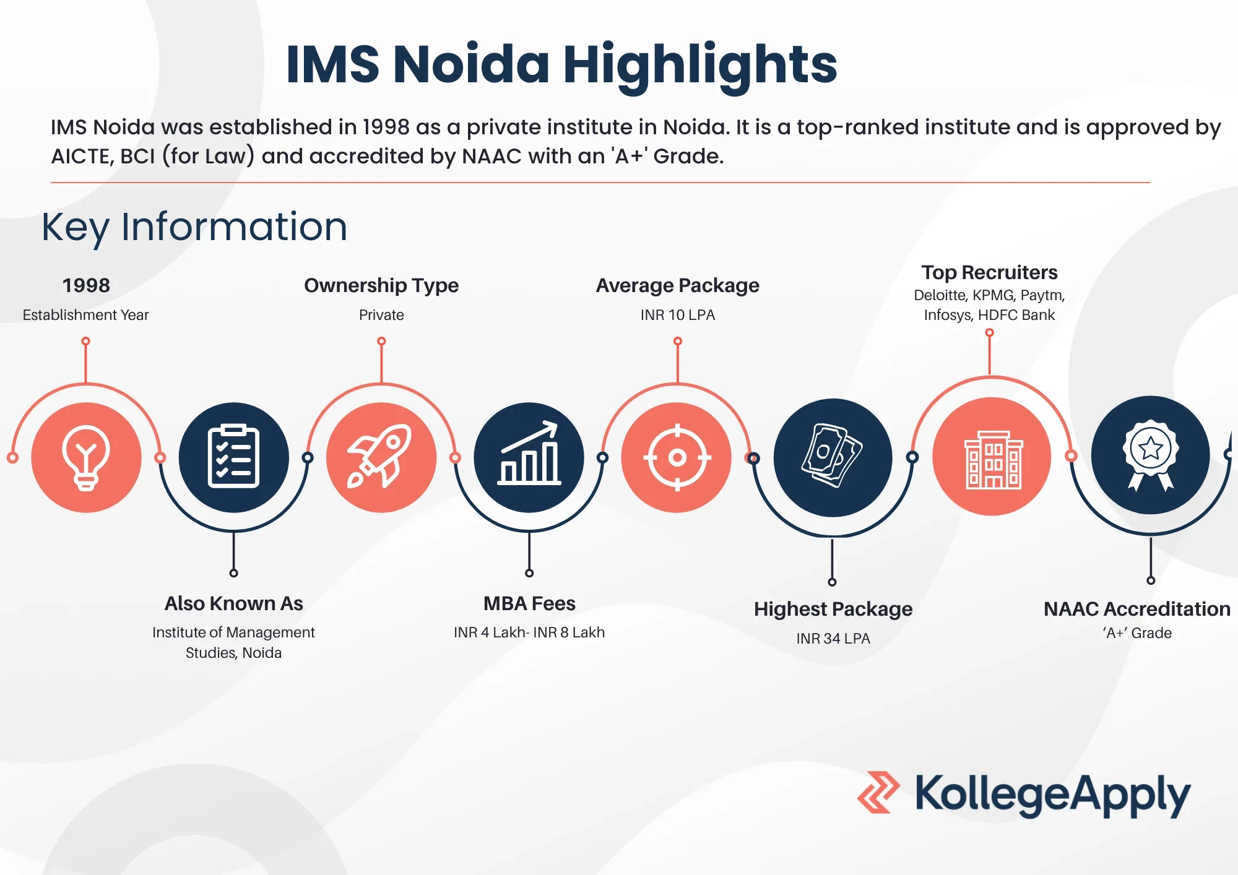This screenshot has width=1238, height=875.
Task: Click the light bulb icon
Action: point(86,458)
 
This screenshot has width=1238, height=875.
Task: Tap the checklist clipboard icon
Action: point(233,457)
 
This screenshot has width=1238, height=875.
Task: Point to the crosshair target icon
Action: point(677,457)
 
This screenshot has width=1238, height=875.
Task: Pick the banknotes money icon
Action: point(833,456)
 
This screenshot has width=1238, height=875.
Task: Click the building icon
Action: point(993,460)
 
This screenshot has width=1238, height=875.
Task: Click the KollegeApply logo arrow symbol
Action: point(878,792)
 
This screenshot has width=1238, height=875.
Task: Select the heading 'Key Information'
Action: point(194,227)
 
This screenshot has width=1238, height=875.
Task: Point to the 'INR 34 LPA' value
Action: point(833,638)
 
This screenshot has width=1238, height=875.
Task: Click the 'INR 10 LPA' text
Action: point(678,315)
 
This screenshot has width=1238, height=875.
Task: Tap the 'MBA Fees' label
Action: point(529,603)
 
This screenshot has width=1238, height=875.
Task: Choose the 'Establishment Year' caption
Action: point(85,315)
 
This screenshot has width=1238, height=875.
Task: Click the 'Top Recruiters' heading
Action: point(989,272)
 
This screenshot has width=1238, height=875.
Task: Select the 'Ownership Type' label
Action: point(381,286)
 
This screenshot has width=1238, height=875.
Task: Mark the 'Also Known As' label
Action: point(233,603)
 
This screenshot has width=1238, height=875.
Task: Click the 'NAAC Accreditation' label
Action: point(1137,609)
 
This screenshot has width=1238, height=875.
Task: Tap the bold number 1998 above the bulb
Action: point(86,285)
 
